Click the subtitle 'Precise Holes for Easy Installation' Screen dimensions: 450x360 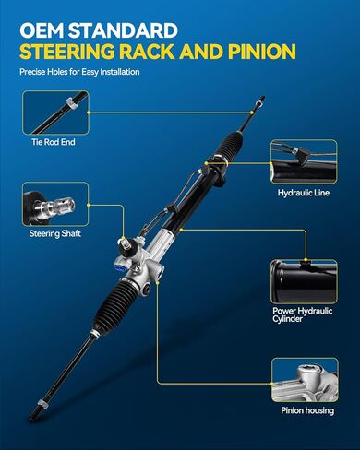point(79,72)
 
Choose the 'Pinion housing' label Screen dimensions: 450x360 point(307,410)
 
